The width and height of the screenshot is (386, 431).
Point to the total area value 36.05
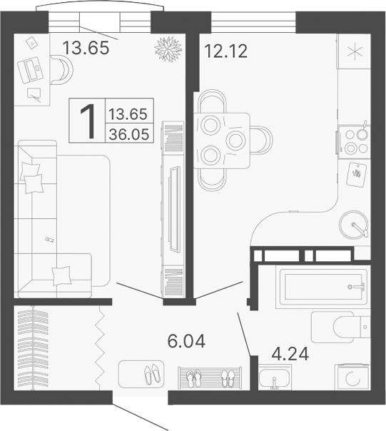(x=129, y=132)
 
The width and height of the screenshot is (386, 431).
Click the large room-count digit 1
(x=88, y=121)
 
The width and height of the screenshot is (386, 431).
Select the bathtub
(x=315, y=288)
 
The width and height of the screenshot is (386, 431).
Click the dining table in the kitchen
(x=223, y=139)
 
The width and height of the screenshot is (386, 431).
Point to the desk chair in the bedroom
(x=62, y=70)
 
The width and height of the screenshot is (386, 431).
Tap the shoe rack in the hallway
(x=211, y=377)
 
